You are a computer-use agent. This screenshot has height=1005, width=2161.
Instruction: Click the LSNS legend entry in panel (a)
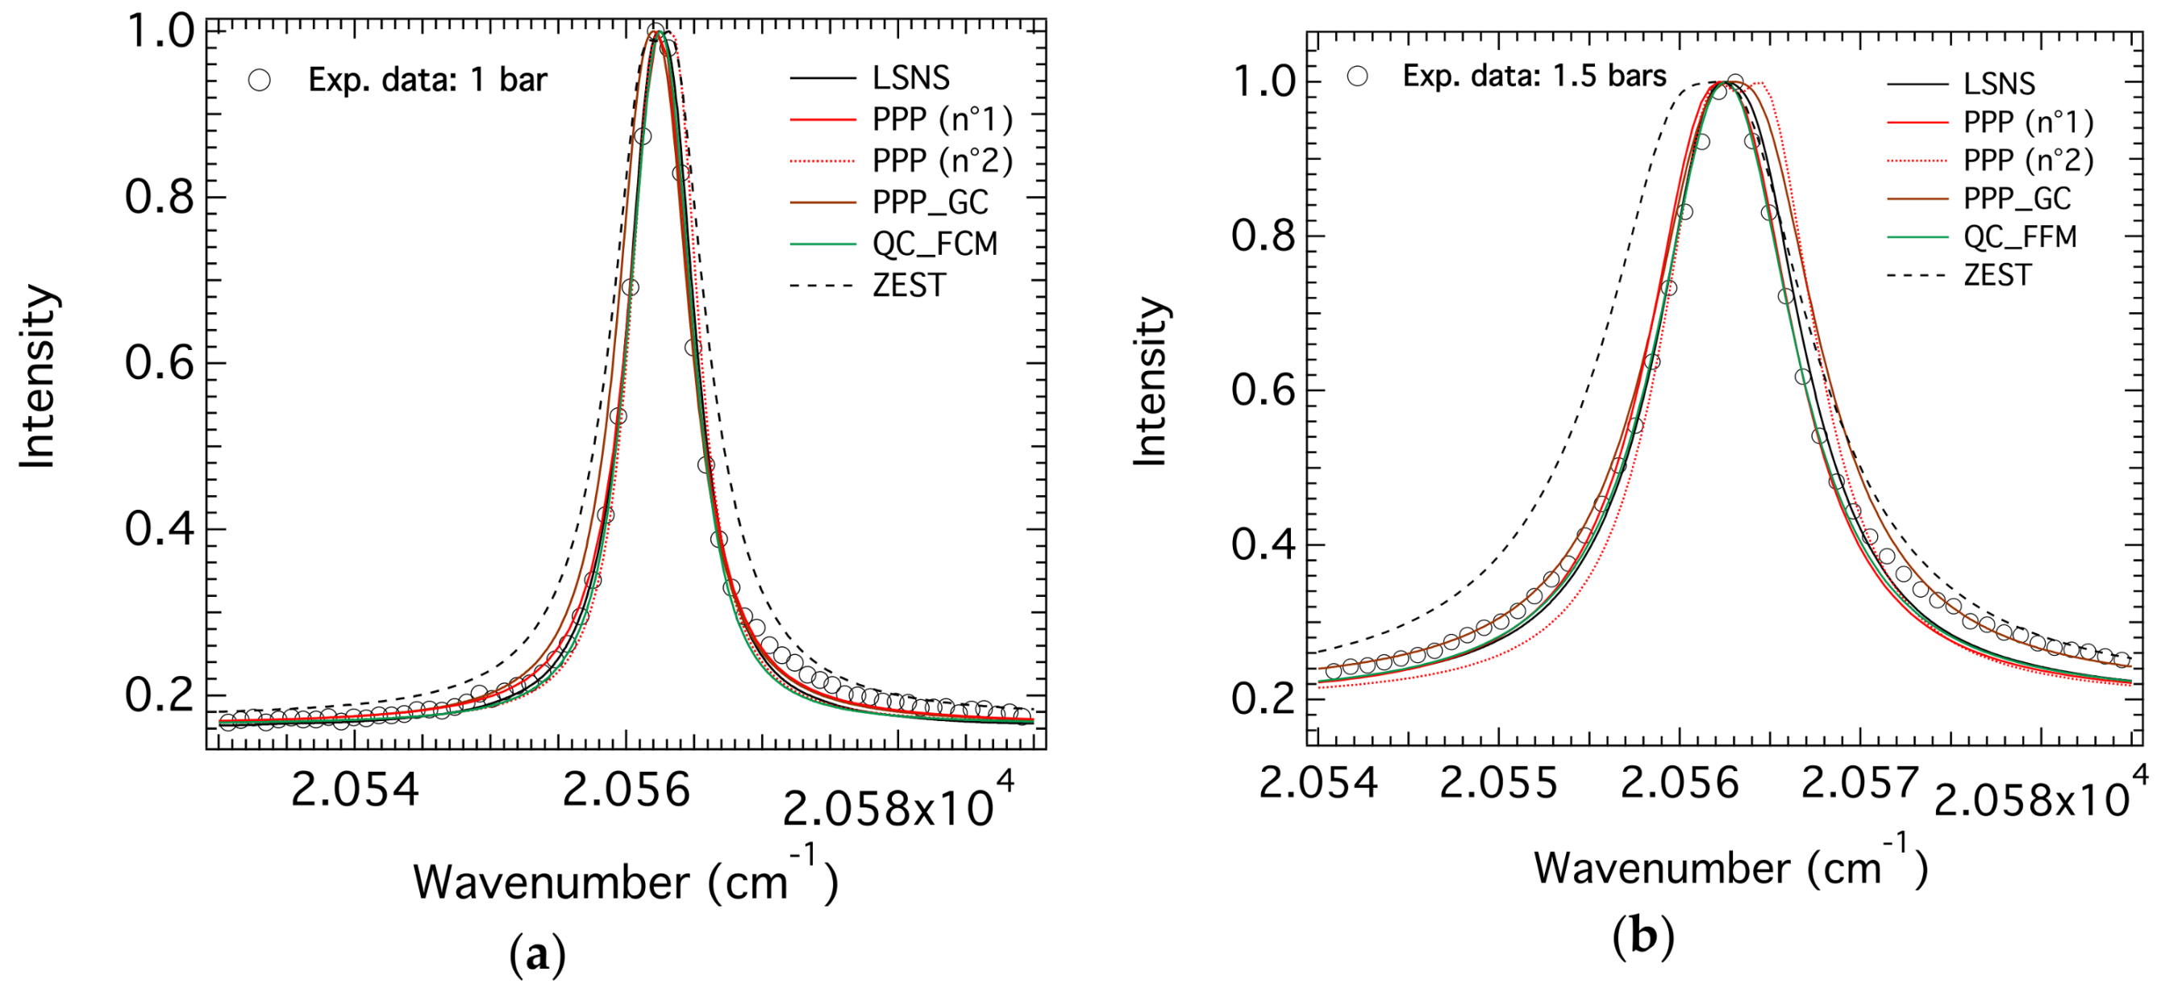[910, 79]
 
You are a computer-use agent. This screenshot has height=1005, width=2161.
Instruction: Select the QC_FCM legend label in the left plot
[935, 244]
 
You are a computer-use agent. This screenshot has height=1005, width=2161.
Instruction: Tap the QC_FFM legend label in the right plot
[2019, 237]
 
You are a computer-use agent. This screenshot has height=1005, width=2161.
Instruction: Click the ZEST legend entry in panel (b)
[1997, 275]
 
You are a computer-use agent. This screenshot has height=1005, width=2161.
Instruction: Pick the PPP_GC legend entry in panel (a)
[930, 202]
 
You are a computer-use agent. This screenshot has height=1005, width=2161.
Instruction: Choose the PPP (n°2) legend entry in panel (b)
[2028, 161]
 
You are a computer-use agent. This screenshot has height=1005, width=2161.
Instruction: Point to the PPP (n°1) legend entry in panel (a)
[941, 120]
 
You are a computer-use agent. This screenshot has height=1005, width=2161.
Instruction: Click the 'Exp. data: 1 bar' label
[427, 81]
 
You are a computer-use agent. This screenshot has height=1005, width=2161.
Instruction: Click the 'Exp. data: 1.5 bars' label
[1534, 77]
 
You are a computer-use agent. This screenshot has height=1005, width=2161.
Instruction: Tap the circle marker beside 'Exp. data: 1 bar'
[259, 81]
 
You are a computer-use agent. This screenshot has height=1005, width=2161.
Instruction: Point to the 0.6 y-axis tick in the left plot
[160, 363]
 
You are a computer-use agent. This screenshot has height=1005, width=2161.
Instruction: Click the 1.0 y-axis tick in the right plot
[1265, 82]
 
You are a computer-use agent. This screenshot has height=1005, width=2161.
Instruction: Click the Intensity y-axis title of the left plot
[38, 376]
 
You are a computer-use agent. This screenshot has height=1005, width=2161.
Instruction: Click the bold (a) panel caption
[537, 954]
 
